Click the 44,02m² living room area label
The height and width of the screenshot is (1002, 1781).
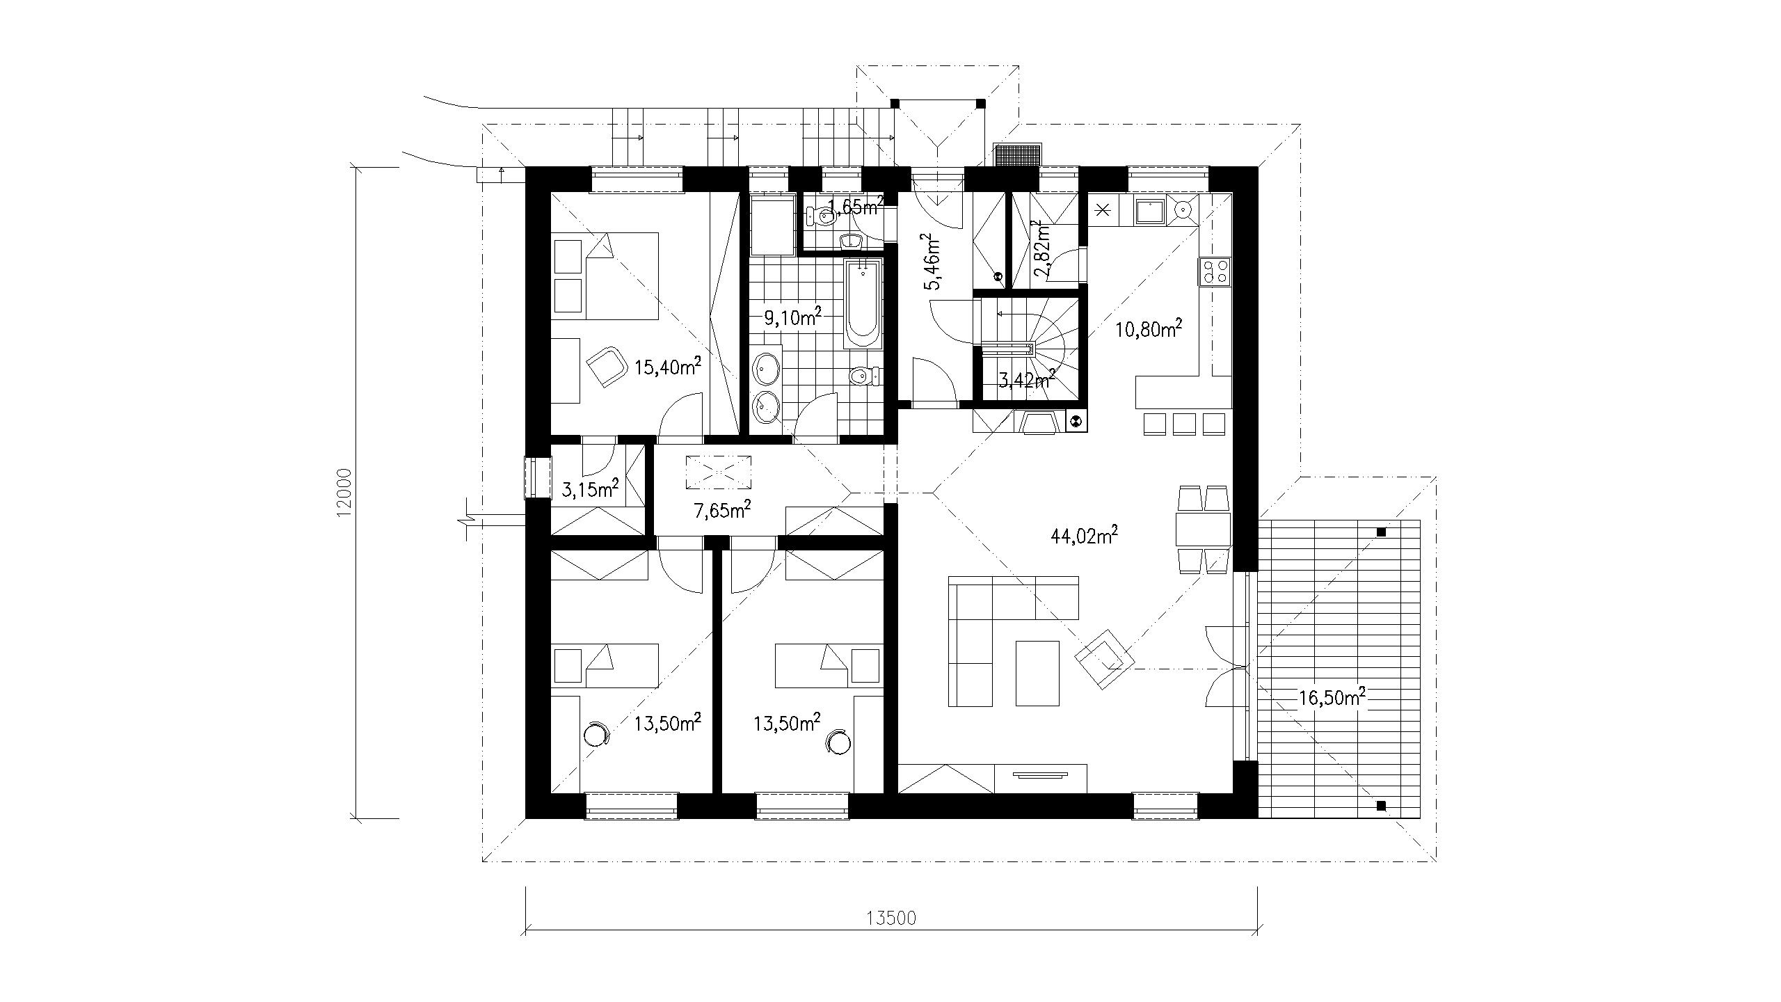coord(1087,535)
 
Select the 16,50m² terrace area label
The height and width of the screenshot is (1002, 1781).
coord(1331,697)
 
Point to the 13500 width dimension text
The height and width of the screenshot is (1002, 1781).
coord(891,918)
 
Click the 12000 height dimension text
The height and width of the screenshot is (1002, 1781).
coord(343,492)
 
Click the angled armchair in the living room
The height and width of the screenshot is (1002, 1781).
coord(1104,659)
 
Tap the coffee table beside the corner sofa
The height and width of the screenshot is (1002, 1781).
coord(1037,673)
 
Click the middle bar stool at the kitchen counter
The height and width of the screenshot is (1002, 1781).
coord(1184,423)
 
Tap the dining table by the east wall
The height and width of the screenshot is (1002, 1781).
coord(1203,530)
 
